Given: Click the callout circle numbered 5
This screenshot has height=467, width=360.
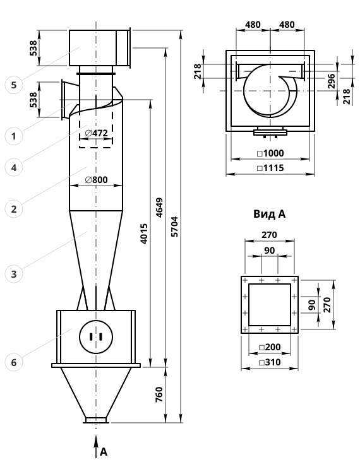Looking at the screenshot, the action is pyautogui.click(x=14, y=85).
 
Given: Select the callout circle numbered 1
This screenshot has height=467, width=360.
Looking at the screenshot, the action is pyautogui.click(x=14, y=136).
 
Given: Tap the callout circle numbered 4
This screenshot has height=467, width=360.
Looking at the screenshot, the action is pyautogui.click(x=14, y=167).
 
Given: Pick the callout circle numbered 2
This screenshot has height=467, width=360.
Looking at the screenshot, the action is pyautogui.click(x=14, y=209).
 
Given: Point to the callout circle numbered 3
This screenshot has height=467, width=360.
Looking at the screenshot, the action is pyautogui.click(x=14, y=274).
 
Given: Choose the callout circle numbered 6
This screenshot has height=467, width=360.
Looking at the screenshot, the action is pyautogui.click(x=14, y=362).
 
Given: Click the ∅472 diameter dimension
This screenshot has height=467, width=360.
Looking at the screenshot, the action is pyautogui.click(x=96, y=133).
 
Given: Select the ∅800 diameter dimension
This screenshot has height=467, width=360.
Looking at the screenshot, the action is pyautogui.click(x=96, y=180).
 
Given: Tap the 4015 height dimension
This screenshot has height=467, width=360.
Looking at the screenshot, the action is pyautogui.click(x=144, y=233).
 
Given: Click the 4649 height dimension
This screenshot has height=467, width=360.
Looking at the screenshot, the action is pyautogui.click(x=160, y=208).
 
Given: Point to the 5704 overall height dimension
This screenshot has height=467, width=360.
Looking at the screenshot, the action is pyautogui.click(x=175, y=227).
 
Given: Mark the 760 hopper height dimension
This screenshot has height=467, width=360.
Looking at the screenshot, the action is pyautogui.click(x=159, y=394).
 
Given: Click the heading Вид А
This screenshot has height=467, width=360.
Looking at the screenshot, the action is pyautogui.click(x=270, y=214).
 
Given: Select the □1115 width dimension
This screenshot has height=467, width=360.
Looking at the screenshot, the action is pyautogui.click(x=270, y=168).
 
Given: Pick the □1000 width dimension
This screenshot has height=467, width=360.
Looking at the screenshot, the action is pyautogui.click(x=270, y=153).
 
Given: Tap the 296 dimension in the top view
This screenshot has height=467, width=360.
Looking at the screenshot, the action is pyautogui.click(x=332, y=81).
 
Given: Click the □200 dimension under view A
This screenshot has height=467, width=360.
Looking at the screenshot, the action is pyautogui.click(x=270, y=347).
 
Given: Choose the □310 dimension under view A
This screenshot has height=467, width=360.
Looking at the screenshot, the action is pyautogui.click(x=270, y=362).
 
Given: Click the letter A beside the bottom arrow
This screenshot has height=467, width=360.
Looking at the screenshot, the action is pyautogui.click(x=104, y=452).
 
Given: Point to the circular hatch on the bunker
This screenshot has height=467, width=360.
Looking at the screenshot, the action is pyautogui.click(x=96, y=337).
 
